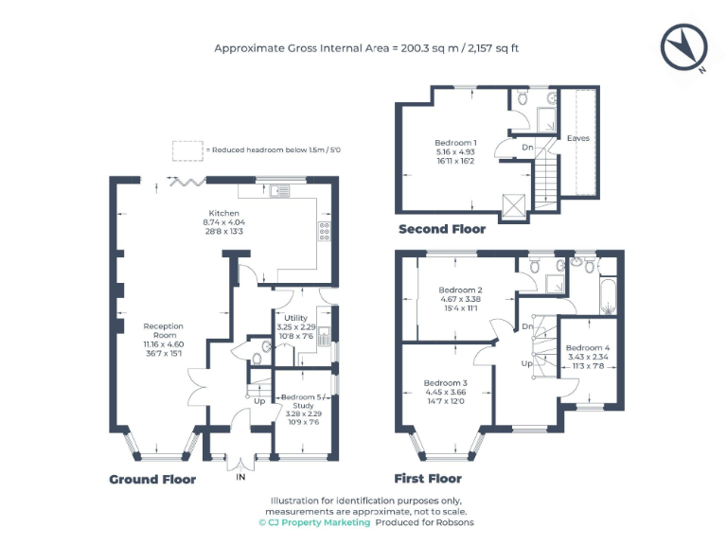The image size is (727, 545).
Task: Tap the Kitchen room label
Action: tap(224, 213)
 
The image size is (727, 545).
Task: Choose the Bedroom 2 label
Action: tap(461, 290)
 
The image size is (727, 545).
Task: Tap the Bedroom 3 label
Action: tap(445, 383)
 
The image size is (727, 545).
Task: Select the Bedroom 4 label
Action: tap(588, 347)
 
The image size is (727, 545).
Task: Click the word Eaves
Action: tap(577, 138)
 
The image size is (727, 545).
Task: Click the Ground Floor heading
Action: tap(152, 480)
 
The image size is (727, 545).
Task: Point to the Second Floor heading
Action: tap(442, 229)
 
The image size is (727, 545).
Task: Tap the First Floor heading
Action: tap(428, 480)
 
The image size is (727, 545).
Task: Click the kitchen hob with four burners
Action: tap(325, 229)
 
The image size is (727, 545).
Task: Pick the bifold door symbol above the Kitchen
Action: tap(185, 180)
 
